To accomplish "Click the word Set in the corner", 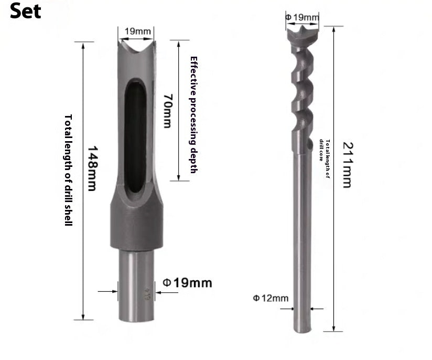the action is tap(25, 11).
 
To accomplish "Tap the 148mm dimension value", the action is tap(92, 168).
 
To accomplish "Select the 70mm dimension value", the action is tap(168, 111).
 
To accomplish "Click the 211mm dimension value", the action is tap(348, 165).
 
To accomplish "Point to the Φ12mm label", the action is tap(271, 298).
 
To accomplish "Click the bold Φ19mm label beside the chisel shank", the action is tap(187, 283).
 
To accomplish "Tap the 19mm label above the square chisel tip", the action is tap(138, 31).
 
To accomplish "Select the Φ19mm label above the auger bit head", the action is tap(302, 17).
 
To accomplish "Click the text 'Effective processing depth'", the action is tap(194, 115).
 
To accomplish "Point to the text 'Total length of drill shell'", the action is tap(68, 170).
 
